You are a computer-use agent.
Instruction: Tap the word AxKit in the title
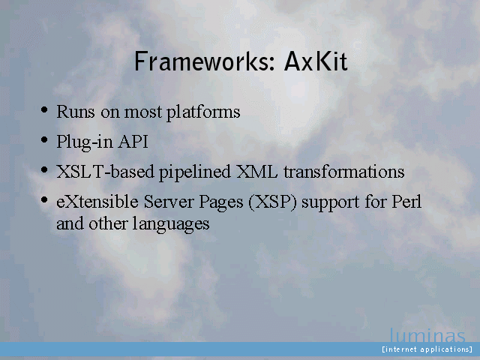[x=316, y=61]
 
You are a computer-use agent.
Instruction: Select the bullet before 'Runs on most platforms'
[x=44, y=109]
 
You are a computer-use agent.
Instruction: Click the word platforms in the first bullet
[x=203, y=112]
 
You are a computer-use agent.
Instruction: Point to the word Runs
[x=76, y=112]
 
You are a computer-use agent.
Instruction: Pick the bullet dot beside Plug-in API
[x=44, y=140]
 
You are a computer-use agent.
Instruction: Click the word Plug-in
[x=85, y=142]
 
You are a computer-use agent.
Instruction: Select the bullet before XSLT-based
[x=44, y=170]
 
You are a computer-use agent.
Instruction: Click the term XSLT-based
[x=105, y=172]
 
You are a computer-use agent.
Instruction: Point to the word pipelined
[x=195, y=172]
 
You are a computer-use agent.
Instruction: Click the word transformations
[x=344, y=172]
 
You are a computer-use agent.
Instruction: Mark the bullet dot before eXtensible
[x=44, y=200]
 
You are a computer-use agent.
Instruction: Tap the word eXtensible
[x=97, y=202]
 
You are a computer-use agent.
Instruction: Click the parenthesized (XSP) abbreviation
[x=272, y=202]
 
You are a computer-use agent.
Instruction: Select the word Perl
[x=406, y=202]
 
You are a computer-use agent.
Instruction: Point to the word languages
[x=171, y=224]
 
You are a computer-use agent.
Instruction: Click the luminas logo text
[x=427, y=335]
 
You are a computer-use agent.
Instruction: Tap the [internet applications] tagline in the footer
[x=427, y=349]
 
